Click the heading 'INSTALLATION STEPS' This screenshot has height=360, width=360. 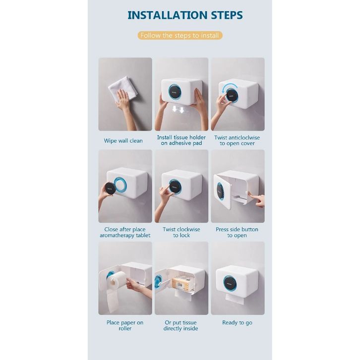(x=185, y=15)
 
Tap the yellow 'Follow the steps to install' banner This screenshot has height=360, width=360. (x=180, y=35)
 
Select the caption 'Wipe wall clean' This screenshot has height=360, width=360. (x=123, y=140)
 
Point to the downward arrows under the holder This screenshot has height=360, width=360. (x=179, y=109)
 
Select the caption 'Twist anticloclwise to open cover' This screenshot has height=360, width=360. (x=237, y=140)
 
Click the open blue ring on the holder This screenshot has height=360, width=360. (x=120, y=185)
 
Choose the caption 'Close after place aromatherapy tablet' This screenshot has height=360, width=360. (x=125, y=232)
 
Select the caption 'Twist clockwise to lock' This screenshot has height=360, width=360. (x=181, y=232)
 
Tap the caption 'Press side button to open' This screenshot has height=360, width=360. (x=237, y=232)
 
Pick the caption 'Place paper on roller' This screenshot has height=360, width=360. (x=125, y=325)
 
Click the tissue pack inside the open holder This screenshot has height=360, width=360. (x=182, y=283)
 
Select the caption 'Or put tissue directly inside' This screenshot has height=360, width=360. (x=180, y=325)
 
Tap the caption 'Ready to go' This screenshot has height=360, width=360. (x=237, y=323)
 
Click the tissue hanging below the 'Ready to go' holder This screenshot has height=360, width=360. (x=235, y=299)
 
